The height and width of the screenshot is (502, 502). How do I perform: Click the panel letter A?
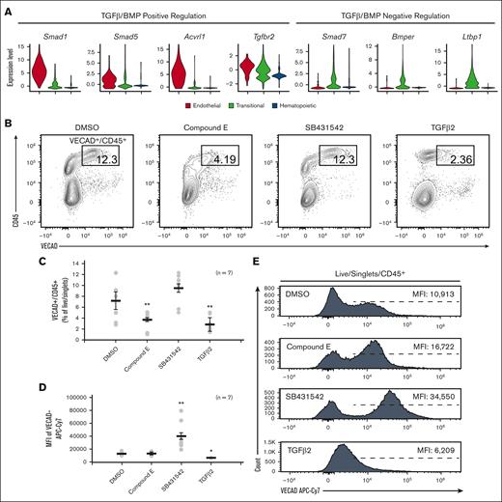coord(7,8)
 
